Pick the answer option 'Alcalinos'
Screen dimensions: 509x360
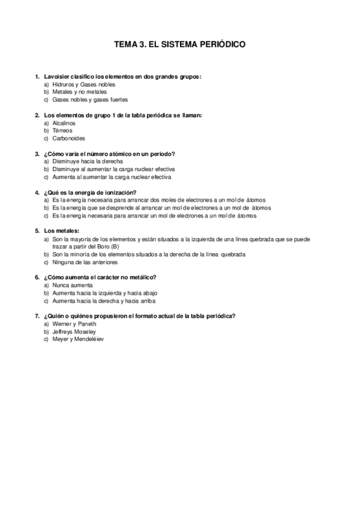[x=64, y=122]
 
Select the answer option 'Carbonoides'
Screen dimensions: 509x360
[x=69, y=138]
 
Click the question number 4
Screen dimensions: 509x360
[x=37, y=192]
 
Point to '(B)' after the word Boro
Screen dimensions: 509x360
[x=115, y=246]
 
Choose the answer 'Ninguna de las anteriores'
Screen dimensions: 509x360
[x=85, y=262]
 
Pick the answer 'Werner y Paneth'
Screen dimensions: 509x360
[x=74, y=324]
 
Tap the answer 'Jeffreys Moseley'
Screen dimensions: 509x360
[x=74, y=331]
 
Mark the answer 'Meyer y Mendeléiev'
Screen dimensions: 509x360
[x=78, y=339]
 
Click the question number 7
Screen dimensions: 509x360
[x=37, y=316]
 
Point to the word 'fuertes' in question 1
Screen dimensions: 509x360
[x=118, y=100]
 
